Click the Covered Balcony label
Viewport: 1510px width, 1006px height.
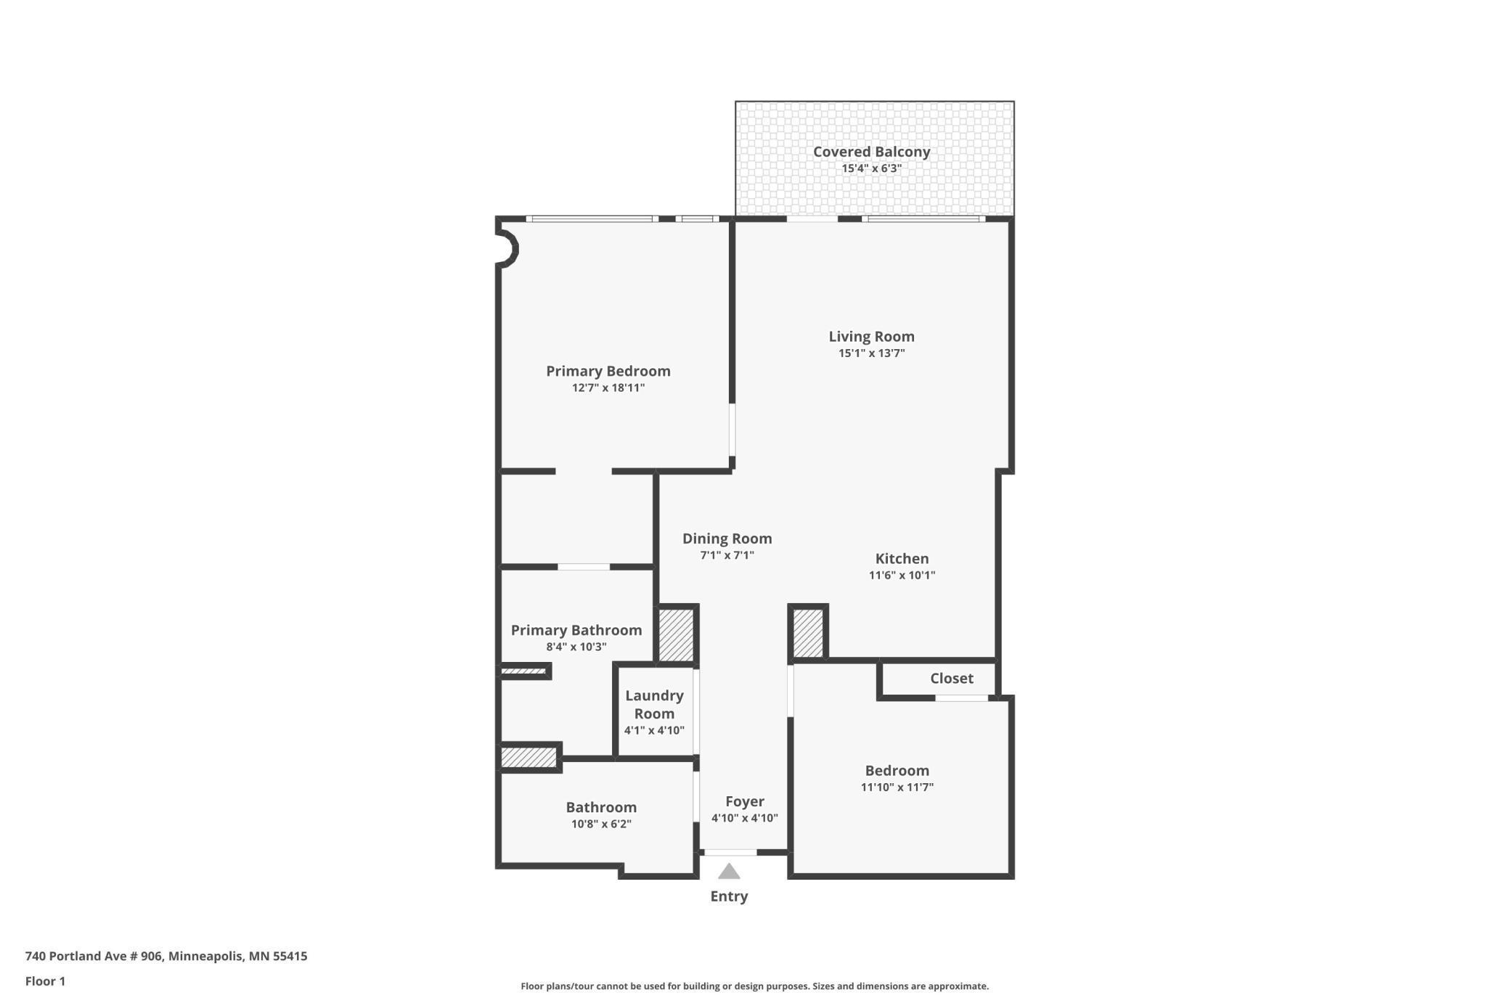pyautogui.click(x=871, y=152)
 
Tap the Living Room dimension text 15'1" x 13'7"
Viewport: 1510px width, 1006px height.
pyautogui.click(x=871, y=353)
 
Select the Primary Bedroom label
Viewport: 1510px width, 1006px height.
pyautogui.click(x=608, y=371)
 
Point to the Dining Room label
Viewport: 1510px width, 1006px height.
pyautogui.click(x=727, y=539)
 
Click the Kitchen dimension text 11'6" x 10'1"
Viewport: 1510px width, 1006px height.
pyautogui.click(x=902, y=576)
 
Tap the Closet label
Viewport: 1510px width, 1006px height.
pyautogui.click(x=952, y=678)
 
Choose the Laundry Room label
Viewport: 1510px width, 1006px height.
pyautogui.click(x=654, y=704)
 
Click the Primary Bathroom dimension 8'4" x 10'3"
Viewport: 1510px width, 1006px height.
pyautogui.click(x=576, y=647)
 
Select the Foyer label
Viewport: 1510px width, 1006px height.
pyautogui.click(x=745, y=801)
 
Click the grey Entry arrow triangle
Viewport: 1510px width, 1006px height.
pyautogui.click(x=729, y=872)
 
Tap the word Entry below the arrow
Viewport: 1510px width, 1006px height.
pyautogui.click(x=729, y=896)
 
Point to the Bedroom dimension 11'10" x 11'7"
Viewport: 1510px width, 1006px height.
pyautogui.click(x=897, y=787)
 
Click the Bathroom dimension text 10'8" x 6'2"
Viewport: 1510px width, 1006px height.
pyautogui.click(x=601, y=824)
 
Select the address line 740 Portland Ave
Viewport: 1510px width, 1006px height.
pyautogui.click(x=166, y=956)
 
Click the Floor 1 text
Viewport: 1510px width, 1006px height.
pyautogui.click(x=45, y=981)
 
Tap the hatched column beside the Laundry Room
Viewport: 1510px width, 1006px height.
pyautogui.click(x=676, y=635)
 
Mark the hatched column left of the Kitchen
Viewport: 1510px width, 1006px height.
pyautogui.click(x=807, y=633)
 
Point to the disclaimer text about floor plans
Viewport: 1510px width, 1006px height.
pyautogui.click(x=754, y=986)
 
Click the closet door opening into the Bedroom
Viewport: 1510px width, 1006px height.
pyautogui.click(x=961, y=698)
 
